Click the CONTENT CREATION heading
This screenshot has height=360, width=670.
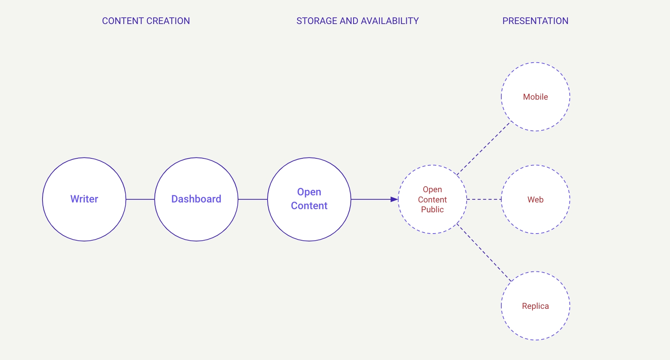tap(146, 21)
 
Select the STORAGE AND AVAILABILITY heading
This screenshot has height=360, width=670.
tap(357, 21)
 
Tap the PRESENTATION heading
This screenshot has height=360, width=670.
tap(535, 21)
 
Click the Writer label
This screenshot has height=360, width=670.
tap(84, 199)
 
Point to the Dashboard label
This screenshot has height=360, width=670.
tap(196, 199)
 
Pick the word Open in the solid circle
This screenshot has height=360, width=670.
tap(309, 192)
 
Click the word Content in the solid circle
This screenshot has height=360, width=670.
tap(309, 206)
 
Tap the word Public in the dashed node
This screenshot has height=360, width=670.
tap(432, 210)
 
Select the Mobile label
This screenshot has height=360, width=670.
tap(535, 97)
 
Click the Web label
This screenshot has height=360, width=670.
tap(535, 200)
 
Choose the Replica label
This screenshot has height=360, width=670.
tap(535, 306)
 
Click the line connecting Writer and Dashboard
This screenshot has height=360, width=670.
tap(140, 199)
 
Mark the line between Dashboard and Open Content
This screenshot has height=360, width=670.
tap(253, 199)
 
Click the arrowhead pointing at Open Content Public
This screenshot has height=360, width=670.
tap(395, 199)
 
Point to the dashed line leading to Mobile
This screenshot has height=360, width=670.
tap(483, 148)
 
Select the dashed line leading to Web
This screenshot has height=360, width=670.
tap(484, 199)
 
